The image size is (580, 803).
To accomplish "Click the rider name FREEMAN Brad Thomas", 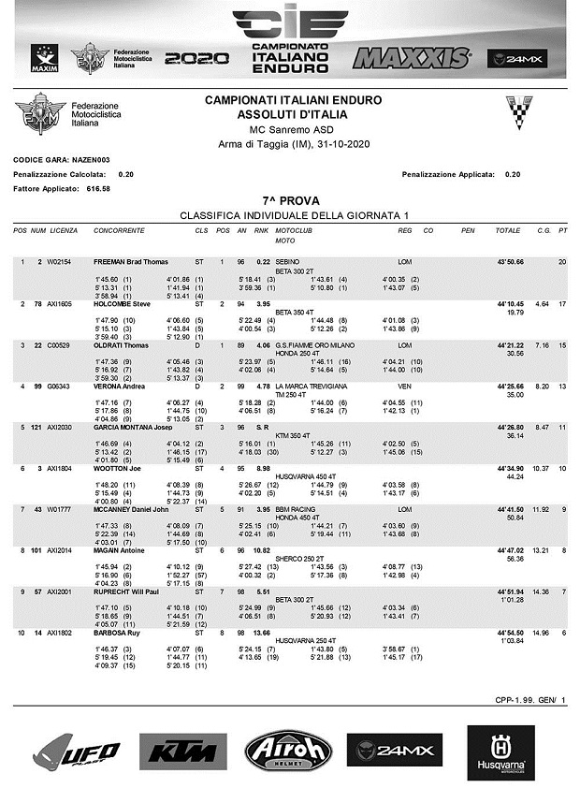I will (131, 261).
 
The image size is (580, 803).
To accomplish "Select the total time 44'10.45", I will (510, 304).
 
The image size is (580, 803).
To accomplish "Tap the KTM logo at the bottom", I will (183, 751).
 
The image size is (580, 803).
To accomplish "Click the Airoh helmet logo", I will (288, 751).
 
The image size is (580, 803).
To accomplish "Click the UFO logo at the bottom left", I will (78, 751).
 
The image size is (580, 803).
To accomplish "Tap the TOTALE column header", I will (508, 229).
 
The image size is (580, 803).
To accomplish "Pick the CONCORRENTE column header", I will (120, 229).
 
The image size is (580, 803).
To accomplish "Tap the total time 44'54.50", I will (510, 634).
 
